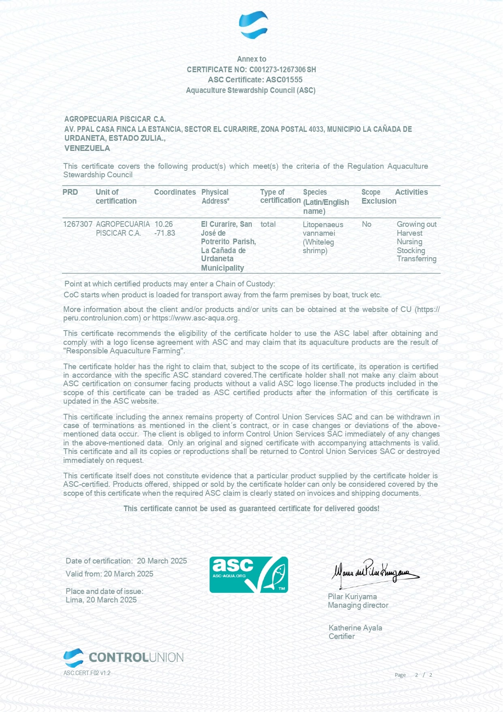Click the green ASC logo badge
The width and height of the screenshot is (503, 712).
click(x=248, y=574)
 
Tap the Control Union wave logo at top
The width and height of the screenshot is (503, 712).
click(x=253, y=25)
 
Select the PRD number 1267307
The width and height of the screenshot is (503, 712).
click(x=78, y=224)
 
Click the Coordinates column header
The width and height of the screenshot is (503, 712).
click(x=175, y=192)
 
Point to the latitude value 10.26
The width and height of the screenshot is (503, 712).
click(x=164, y=224)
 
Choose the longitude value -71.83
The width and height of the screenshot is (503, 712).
click(x=165, y=233)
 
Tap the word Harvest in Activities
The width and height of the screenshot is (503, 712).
click(x=409, y=233)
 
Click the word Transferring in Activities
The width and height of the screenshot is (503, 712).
click(x=416, y=259)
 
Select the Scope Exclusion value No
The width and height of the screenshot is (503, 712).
click(x=366, y=224)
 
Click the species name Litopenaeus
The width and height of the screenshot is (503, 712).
click(x=323, y=225)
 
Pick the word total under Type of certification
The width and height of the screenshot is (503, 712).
click(x=268, y=224)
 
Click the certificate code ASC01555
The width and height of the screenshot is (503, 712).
click(x=284, y=80)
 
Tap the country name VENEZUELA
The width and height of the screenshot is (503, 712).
click(x=87, y=148)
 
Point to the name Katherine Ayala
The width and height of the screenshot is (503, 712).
click(x=355, y=628)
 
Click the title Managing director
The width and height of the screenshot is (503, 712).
click(x=358, y=605)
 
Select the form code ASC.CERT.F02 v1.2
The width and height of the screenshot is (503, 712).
click(x=87, y=673)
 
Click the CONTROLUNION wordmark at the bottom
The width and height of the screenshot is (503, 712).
click(x=136, y=658)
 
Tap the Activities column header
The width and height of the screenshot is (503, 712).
click(x=411, y=192)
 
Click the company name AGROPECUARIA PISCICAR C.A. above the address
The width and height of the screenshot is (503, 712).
click(x=115, y=119)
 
